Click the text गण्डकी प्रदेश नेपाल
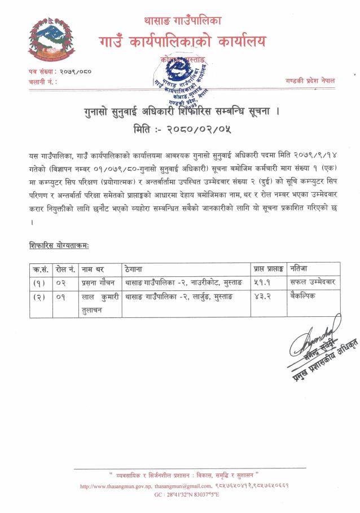[x=310, y=80]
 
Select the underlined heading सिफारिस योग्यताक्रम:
[x=59, y=246]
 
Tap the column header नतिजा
[x=300, y=268]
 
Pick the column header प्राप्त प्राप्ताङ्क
[x=267, y=268]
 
